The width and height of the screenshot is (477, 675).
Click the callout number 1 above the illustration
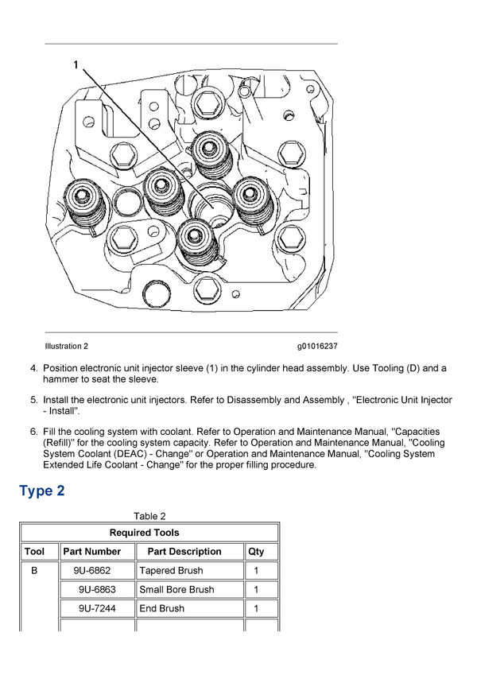click(x=76, y=65)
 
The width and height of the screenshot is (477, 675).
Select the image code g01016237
click(x=317, y=346)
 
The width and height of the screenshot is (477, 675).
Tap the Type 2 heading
click(x=42, y=491)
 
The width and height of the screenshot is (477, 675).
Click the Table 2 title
click(x=149, y=516)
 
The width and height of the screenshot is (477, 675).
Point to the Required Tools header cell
click(x=149, y=533)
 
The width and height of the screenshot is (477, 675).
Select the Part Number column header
click(x=92, y=551)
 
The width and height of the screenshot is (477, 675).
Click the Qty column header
click(x=256, y=551)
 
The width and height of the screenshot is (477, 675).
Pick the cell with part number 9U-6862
click(x=92, y=571)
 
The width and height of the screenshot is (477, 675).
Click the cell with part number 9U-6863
click(x=97, y=590)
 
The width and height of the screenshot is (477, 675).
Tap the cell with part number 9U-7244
click(x=97, y=609)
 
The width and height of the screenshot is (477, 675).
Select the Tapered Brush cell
click(x=171, y=571)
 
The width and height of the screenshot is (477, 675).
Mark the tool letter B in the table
click(x=34, y=571)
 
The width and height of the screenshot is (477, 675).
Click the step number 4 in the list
click(x=33, y=368)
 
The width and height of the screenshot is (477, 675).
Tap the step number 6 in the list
click(x=33, y=432)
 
